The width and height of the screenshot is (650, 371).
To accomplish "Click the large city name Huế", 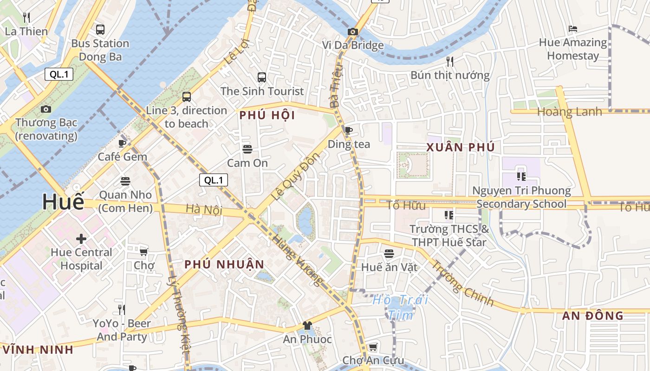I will [64, 202].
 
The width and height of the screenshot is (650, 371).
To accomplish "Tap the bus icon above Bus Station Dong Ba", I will [100, 30].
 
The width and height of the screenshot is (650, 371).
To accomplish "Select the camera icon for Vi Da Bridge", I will [353, 32].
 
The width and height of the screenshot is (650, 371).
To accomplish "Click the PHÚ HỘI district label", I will [267, 115].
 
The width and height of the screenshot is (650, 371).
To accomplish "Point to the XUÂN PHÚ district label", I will [460, 147].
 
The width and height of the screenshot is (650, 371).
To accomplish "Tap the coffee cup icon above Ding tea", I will [349, 130].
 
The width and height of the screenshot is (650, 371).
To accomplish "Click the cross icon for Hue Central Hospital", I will [81, 239].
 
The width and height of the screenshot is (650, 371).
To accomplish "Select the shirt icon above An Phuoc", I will [307, 326].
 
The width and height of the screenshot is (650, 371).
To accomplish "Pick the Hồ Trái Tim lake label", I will [400, 307].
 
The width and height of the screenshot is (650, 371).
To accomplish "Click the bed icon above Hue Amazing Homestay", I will [572, 29].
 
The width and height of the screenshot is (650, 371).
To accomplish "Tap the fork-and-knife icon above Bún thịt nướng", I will [449, 61].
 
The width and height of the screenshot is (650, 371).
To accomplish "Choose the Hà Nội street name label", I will [204, 210].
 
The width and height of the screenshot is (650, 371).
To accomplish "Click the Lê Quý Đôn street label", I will [295, 176].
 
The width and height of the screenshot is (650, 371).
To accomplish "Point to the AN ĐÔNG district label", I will [592, 316].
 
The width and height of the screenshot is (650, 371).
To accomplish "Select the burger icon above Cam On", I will [247, 149].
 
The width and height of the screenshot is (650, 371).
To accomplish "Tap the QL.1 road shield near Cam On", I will [214, 180].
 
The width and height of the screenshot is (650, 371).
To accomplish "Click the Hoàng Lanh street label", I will [569, 112].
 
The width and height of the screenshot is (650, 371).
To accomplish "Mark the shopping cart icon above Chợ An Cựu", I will [373, 347].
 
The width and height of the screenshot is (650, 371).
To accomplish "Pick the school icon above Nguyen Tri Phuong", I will [521, 177].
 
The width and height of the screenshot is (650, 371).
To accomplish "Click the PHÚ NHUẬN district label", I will [224, 264].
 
